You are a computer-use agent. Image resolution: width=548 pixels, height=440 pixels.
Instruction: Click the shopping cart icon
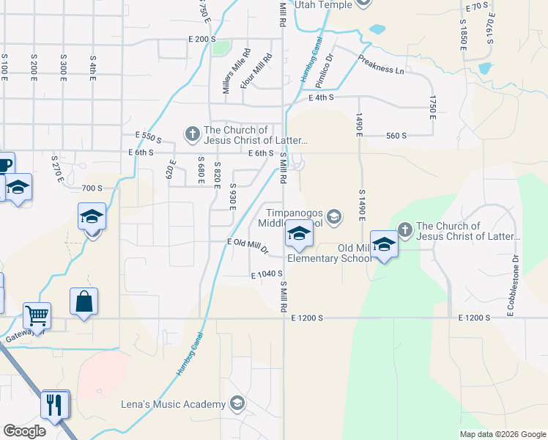click(x=37, y=316)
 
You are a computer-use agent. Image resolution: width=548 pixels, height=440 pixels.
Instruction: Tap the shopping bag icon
click(x=84, y=301)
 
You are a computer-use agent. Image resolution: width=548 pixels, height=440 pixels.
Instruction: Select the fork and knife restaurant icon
click(x=56, y=404)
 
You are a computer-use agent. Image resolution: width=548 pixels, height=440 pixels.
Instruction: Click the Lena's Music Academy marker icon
click(x=237, y=403)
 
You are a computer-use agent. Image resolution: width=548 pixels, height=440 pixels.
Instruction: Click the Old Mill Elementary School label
click(x=327, y=253)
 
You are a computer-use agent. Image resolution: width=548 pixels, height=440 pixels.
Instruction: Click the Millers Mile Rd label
click(x=227, y=71)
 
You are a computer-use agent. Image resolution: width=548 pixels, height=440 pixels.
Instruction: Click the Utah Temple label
click(x=323, y=4)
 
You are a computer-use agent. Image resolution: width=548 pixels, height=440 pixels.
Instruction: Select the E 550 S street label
click(x=148, y=136)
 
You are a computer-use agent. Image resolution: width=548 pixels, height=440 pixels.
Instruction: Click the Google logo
click(x=24, y=431)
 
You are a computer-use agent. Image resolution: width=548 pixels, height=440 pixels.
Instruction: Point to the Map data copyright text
click(x=502, y=434)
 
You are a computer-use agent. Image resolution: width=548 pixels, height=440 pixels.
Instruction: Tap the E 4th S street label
click(x=321, y=97)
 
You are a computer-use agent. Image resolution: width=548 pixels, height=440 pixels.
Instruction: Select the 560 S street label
click(x=396, y=136)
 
